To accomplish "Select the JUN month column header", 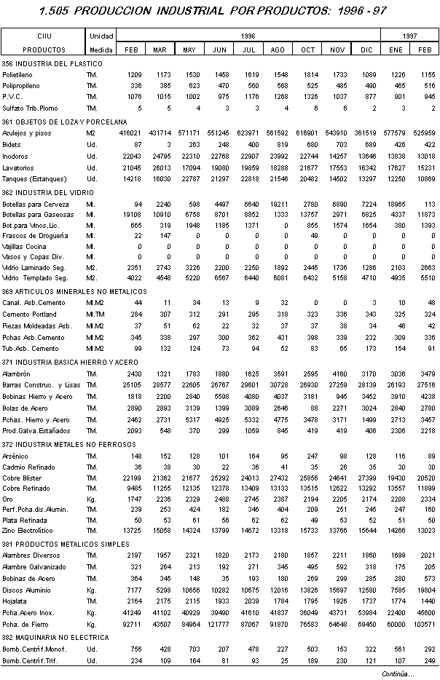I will point(219,50).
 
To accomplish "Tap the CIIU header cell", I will point(43,35).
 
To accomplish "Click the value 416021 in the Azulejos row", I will point(130,134).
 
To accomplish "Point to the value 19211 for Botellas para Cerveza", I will point(278,205).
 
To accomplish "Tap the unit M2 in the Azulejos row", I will point(90,134).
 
